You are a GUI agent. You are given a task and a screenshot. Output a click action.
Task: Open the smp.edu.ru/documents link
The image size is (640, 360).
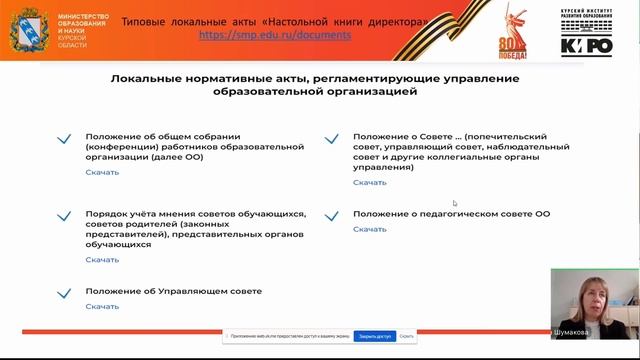click(275, 34)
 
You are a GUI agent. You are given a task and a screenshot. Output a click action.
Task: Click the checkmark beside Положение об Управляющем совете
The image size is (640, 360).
click(65, 293)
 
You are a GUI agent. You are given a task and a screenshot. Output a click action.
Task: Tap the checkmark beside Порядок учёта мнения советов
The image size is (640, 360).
click(65, 215)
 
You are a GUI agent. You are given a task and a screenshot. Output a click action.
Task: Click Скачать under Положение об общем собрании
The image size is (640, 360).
click(102, 172)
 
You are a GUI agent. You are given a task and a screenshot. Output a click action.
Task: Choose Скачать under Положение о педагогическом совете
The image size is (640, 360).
click(369, 229)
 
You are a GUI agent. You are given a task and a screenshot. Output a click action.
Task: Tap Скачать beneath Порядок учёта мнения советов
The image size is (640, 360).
click(102, 260)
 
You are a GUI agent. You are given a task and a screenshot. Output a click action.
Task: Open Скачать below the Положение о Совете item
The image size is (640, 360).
click(369, 183)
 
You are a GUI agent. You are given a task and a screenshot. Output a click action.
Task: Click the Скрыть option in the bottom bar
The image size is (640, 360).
click(406, 337)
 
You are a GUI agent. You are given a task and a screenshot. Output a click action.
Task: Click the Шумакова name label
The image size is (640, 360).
click(571, 332)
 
